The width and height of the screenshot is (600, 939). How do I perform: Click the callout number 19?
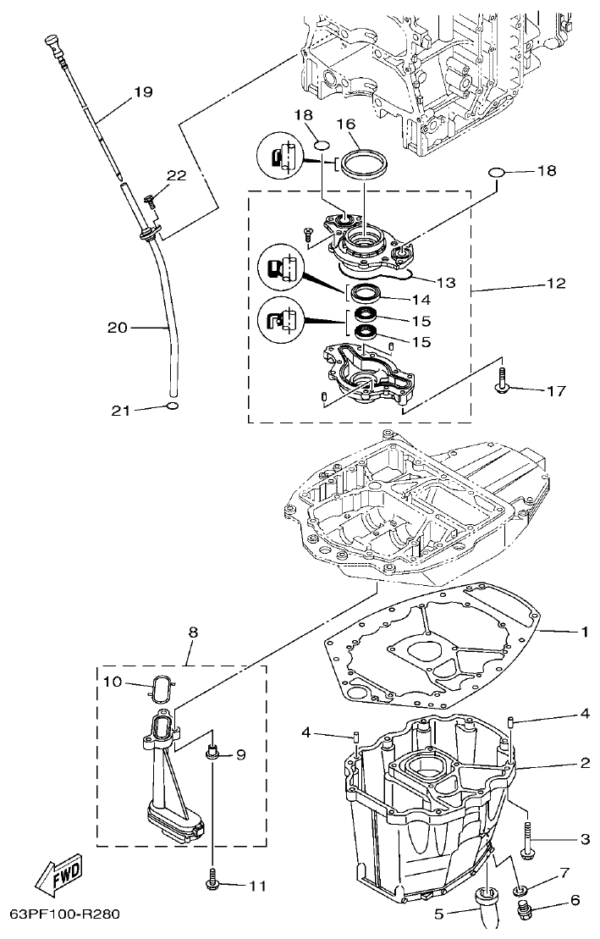coord(142,92)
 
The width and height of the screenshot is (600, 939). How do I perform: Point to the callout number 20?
coord(118,327)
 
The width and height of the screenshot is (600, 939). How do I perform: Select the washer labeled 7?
coord(520,889)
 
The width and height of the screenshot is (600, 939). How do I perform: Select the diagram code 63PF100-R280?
coord(66,915)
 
